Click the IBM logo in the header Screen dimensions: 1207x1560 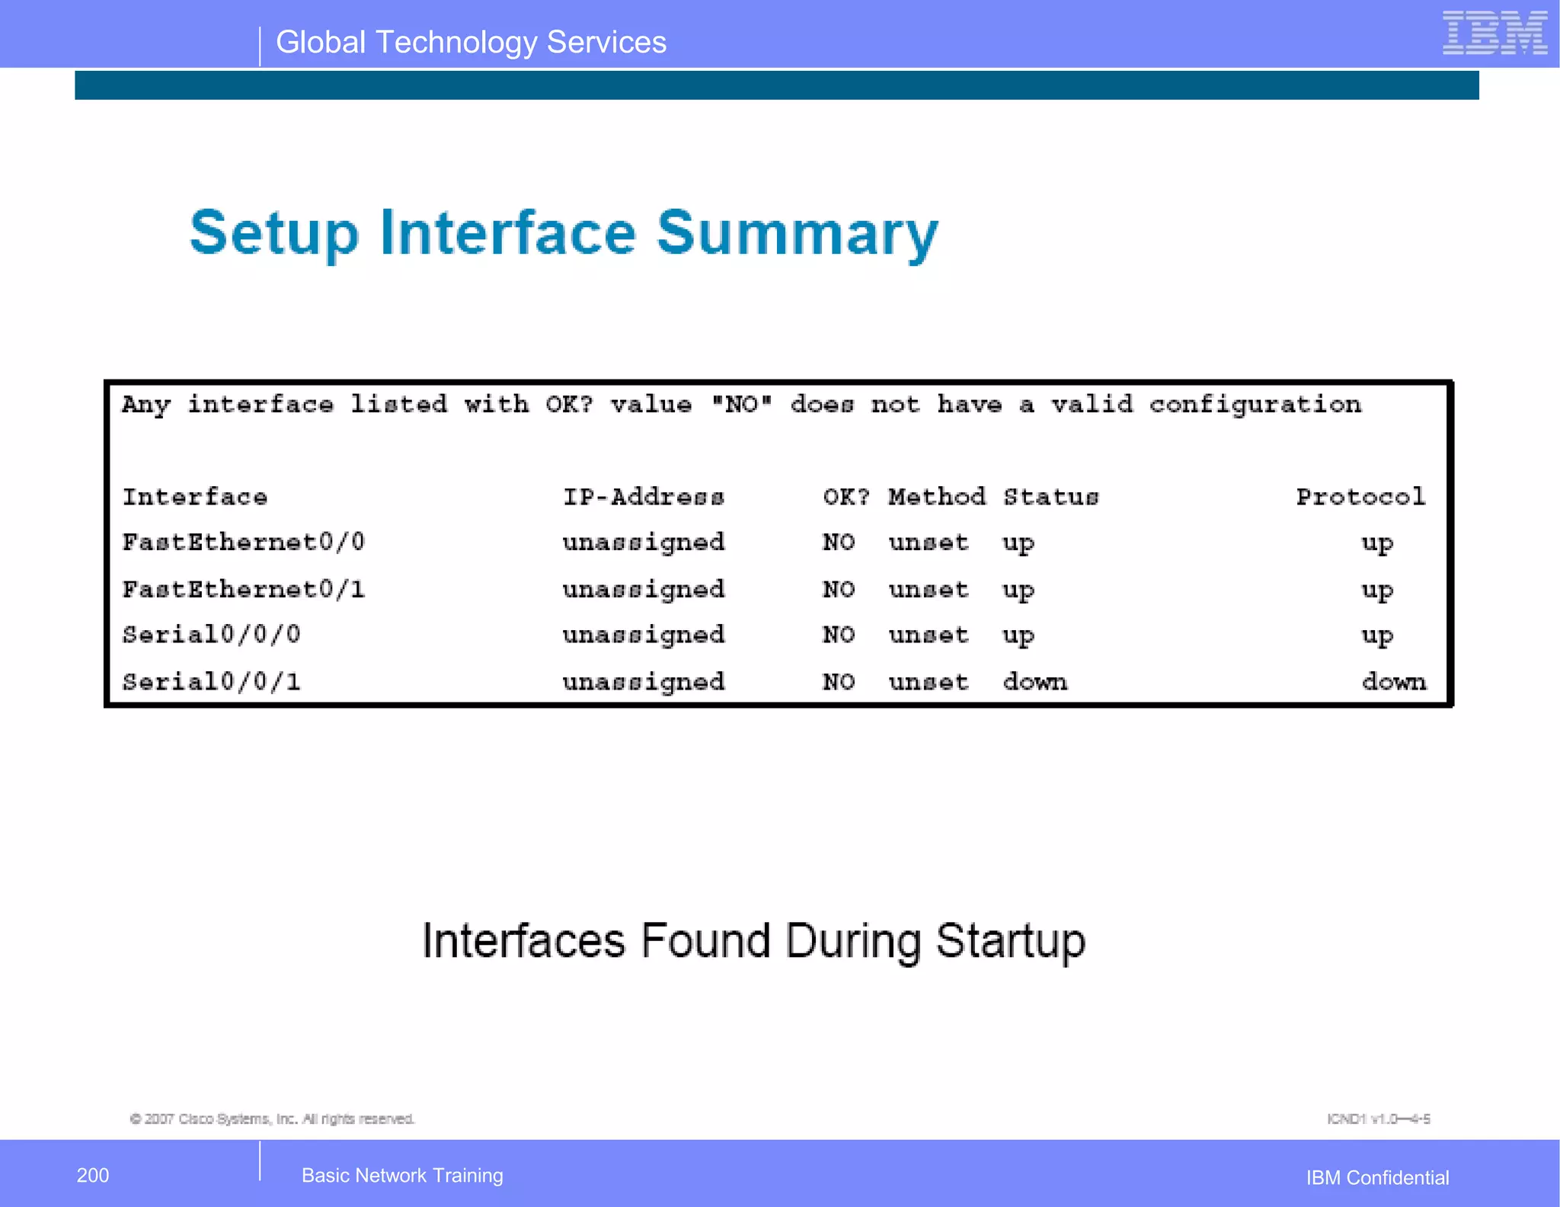pyautogui.click(x=1494, y=34)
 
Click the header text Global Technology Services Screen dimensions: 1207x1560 pyautogui.click(x=471, y=43)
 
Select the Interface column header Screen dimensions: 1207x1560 pyautogui.click(x=195, y=498)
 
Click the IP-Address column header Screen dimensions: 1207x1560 pyautogui.click(x=644, y=498)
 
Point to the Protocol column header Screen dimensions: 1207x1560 pyautogui.click(x=1360, y=498)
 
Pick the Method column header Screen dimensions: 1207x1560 pyautogui.click(x=936, y=498)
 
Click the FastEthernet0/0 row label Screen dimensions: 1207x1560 pyautogui.click(x=244, y=543)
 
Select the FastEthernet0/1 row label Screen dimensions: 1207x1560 pyautogui.click(x=244, y=590)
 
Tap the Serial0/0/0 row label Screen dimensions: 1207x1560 pyautogui.click(x=212, y=635)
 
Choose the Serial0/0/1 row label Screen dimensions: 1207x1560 pyautogui.click(x=212, y=682)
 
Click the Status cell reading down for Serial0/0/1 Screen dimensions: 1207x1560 pyautogui.click(x=1034, y=682)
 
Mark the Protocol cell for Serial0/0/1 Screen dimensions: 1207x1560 pyautogui.click(x=1394, y=682)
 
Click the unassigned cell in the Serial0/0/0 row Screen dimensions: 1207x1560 pyautogui.click(x=644, y=636)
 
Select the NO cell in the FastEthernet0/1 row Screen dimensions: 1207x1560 pyautogui.click(x=839, y=590)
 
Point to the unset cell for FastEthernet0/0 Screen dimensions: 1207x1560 pyautogui.click(x=929, y=543)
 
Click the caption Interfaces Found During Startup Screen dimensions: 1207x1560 pyautogui.click(x=753, y=941)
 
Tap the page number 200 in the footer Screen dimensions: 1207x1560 pyautogui.click(x=93, y=1175)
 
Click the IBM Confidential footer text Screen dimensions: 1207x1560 pyautogui.click(x=1377, y=1178)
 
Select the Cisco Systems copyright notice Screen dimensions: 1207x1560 pyautogui.click(x=272, y=1119)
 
